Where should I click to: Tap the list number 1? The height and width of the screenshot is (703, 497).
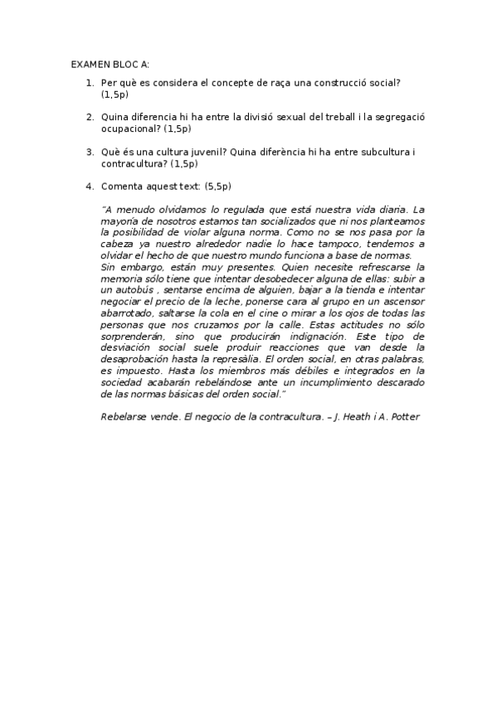coord(89,84)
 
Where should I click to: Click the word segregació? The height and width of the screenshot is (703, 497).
coord(401,119)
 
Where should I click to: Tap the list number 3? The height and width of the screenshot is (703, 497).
coord(89,153)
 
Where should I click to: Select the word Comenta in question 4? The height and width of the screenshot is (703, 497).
coord(121,187)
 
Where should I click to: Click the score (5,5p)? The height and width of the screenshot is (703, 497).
coord(217,187)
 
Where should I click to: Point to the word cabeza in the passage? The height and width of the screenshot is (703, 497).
coord(115,245)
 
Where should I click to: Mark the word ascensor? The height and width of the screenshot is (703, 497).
coord(401,303)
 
